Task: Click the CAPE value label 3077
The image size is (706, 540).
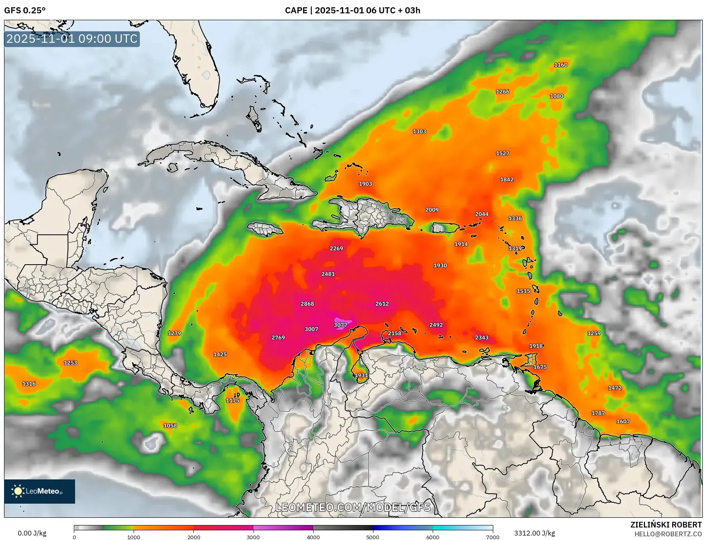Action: coord(340,325)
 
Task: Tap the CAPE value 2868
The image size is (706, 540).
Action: coord(307,304)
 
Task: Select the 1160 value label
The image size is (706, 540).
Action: coord(561,65)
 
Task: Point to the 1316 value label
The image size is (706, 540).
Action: coord(29,384)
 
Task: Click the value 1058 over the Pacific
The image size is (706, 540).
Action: coord(170,425)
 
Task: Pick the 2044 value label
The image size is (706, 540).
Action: coord(482,214)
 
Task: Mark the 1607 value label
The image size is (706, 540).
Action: coord(623,421)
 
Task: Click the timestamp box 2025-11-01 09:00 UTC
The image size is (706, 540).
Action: coord(72,39)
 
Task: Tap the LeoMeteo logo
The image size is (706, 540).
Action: coord(40,491)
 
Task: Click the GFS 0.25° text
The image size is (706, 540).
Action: coord(25,11)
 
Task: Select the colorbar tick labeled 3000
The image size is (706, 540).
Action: coord(253,537)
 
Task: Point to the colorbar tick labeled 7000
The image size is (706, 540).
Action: coord(492,537)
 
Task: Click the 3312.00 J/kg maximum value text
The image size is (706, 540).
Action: coord(534,533)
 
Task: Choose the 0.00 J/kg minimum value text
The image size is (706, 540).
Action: coord(32,533)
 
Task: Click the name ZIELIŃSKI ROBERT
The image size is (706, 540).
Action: coord(666,525)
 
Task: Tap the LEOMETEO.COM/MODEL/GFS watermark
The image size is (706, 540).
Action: coord(353,507)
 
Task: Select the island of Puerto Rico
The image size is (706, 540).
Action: coord(446,228)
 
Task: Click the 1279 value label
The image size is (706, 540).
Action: coord(174,333)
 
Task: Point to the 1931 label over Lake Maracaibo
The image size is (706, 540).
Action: coord(361,375)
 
